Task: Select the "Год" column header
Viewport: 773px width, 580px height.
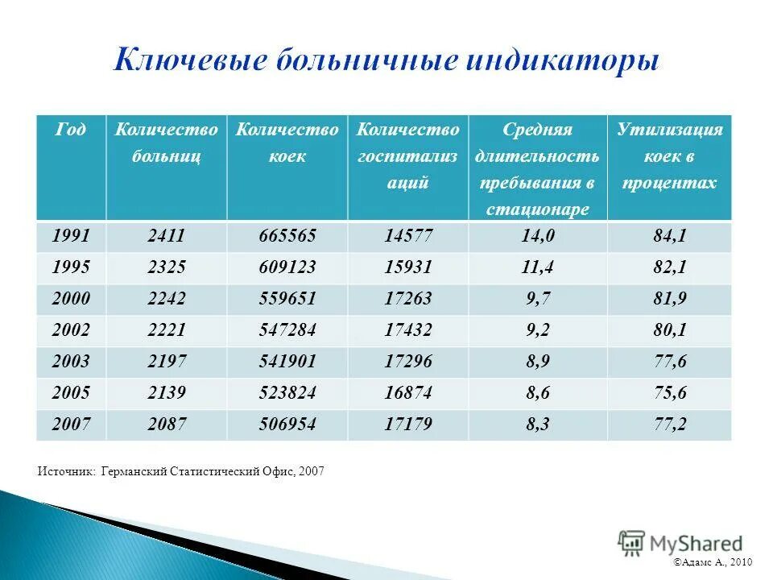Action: click(x=71, y=130)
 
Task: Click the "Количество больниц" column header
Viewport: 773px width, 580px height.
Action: click(x=167, y=143)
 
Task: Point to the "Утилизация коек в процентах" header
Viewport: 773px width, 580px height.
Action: click(x=669, y=155)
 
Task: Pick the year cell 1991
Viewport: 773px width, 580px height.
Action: click(x=72, y=236)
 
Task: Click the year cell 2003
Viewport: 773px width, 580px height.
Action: click(x=72, y=362)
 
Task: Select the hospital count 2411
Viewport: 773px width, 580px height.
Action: click(x=167, y=236)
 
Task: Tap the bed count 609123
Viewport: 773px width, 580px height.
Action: click(x=287, y=267)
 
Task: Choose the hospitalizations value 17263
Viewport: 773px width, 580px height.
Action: click(x=408, y=299)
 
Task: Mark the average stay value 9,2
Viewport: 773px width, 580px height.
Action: click(x=538, y=330)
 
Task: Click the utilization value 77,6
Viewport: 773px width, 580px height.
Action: click(x=669, y=362)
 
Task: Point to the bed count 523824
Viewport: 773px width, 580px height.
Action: click(x=287, y=393)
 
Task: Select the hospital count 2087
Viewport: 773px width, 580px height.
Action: click(x=167, y=425)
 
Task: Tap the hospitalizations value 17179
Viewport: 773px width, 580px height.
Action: click(x=408, y=425)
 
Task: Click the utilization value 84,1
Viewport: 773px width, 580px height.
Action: click(x=669, y=236)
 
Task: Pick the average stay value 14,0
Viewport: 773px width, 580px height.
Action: click(x=538, y=236)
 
